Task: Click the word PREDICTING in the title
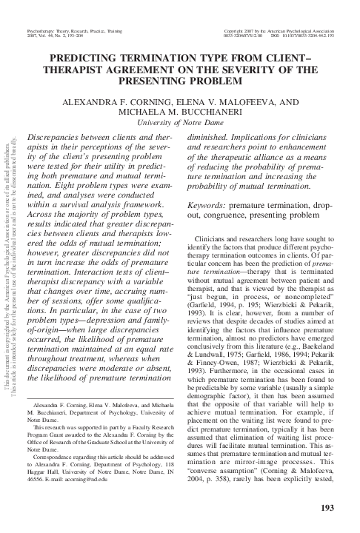click(90, 56)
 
